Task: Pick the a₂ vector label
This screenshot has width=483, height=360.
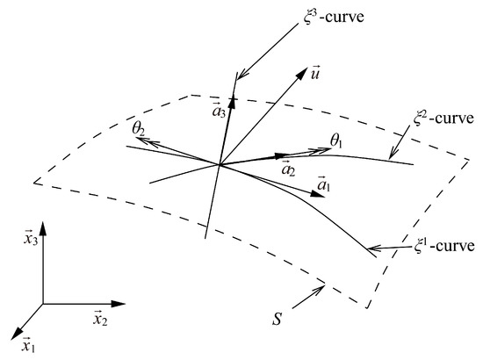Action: coord(288,166)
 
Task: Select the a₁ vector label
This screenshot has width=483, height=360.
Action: coord(324,186)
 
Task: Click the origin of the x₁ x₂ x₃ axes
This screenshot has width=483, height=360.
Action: coord(42,304)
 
